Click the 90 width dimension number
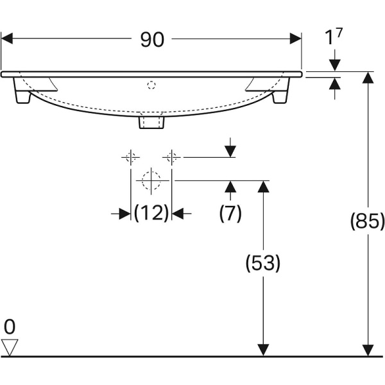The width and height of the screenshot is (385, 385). click(x=152, y=40)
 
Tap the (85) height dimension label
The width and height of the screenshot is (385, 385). click(x=367, y=221)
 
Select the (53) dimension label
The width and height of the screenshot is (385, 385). click(x=262, y=262)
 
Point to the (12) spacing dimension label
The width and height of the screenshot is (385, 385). click(x=151, y=213)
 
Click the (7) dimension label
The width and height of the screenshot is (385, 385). click(x=230, y=213)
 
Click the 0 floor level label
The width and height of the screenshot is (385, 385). click(x=9, y=327)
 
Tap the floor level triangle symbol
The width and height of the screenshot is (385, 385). click(x=10, y=347)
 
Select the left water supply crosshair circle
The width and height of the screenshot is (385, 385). click(x=131, y=157)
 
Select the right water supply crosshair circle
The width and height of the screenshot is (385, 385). click(x=171, y=157)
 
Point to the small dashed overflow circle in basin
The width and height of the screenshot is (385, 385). click(x=152, y=84)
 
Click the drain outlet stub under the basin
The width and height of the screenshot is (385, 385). click(x=152, y=121)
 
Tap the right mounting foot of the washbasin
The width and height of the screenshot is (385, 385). click(x=280, y=97)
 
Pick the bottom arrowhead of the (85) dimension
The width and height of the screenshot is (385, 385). click(x=368, y=350)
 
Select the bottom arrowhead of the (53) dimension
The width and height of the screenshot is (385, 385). click(x=262, y=350)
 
